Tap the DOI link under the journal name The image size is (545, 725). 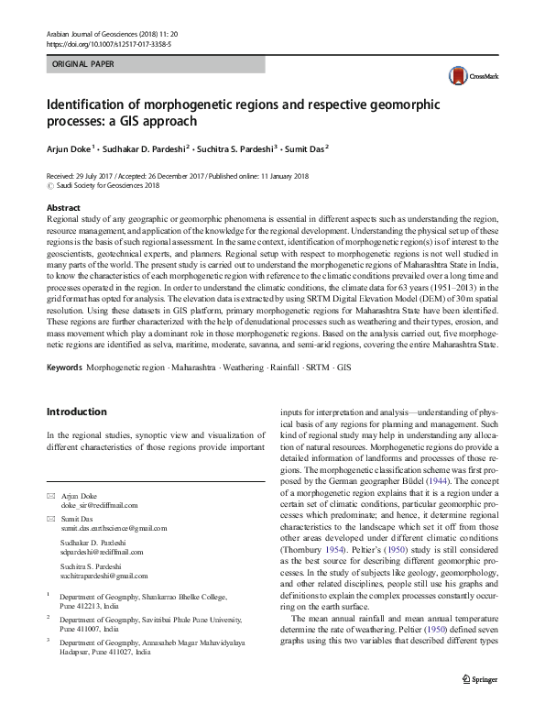(x=106, y=43)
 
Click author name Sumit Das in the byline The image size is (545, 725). (x=306, y=147)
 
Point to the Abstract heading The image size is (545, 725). (x=63, y=208)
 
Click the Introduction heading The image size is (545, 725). (x=77, y=412)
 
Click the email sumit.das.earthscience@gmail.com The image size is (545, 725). (x=116, y=529)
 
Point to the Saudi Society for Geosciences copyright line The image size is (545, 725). (x=108, y=184)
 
